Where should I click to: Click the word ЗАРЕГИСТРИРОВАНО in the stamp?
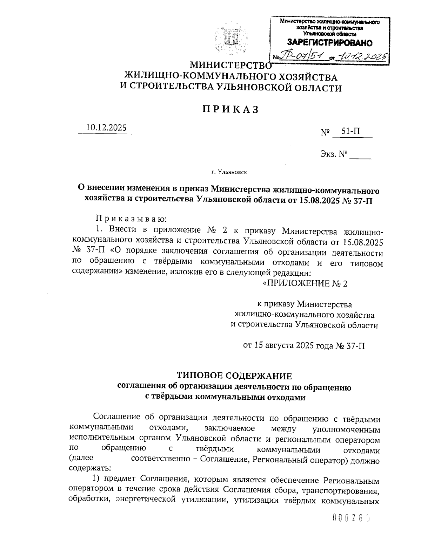330,43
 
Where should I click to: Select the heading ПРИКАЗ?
230,109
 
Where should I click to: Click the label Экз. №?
334,154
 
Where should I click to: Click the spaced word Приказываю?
131,219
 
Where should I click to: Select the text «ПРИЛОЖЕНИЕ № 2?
305,283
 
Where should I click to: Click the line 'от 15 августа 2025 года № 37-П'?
304,346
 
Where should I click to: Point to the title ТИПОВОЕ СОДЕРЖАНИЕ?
234,376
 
